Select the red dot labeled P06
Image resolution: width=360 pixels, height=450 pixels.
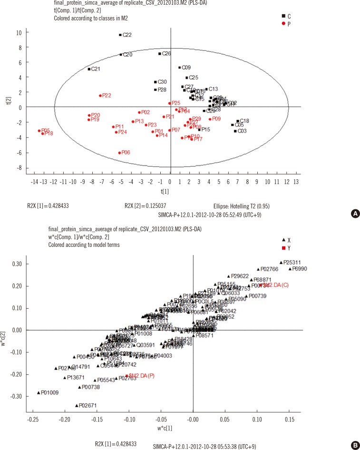pyautogui.click(x=119, y=153)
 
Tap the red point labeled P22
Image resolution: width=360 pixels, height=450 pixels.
pyautogui.click(x=100, y=96)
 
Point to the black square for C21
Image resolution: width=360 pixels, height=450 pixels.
pyautogui.click(x=89, y=69)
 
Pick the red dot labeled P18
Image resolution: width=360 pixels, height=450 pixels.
pyautogui.click(x=42, y=134)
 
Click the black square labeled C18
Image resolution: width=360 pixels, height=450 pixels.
pyautogui.click(x=238, y=121)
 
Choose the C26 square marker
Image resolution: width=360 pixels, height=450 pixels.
pyautogui.click(x=160, y=54)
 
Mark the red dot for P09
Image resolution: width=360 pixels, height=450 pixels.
pyautogui.click(x=210, y=119)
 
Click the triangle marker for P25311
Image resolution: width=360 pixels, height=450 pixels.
pyautogui.click(x=281, y=262)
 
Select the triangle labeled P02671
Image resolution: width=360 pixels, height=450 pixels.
pyautogui.click(x=77, y=405)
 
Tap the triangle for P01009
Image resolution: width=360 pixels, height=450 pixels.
pyautogui.click(x=39, y=392)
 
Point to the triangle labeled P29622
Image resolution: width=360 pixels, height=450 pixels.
pyautogui.click(x=229, y=276)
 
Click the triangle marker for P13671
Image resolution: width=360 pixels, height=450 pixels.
pyautogui.click(x=65, y=377)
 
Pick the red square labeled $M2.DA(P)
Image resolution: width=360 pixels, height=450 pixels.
pyautogui.click(x=126, y=376)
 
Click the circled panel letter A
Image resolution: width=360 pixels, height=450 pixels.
pyautogui.click(x=353, y=214)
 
